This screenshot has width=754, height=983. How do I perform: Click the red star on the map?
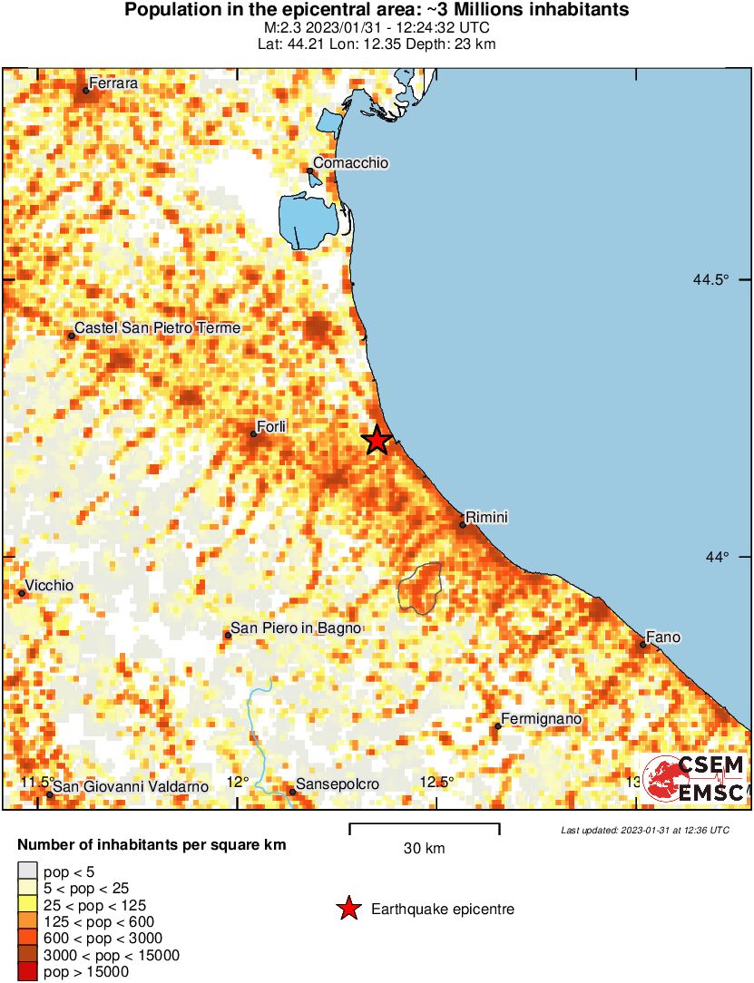[377, 440]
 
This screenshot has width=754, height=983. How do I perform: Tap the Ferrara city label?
[113, 83]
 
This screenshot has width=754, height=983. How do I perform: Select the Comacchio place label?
[351, 163]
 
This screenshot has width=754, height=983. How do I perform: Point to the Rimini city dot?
[463, 524]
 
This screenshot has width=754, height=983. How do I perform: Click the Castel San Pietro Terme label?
[157, 327]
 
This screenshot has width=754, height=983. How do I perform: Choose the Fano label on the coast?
[663, 637]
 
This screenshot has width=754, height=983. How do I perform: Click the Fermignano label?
[542, 719]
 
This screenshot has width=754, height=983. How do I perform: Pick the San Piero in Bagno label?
[297, 628]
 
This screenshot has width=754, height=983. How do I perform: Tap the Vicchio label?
[50, 586]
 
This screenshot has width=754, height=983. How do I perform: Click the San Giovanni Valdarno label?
[132, 786]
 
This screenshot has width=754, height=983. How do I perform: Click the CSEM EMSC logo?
[695, 779]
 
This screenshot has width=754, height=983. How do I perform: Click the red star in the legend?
[348, 909]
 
